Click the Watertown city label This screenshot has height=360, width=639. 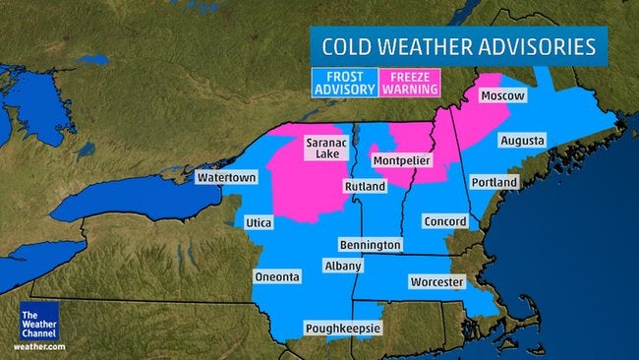pyautogui.click(x=226, y=178)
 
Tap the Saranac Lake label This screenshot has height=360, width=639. pyautogui.click(x=325, y=149)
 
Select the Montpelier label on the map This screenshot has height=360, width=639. pyautogui.click(x=402, y=160)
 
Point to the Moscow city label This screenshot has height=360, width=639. pyautogui.click(x=502, y=96)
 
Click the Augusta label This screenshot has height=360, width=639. pyautogui.click(x=521, y=141)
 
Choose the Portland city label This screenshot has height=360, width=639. pyautogui.click(x=494, y=183)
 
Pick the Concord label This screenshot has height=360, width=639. pyautogui.click(x=444, y=221)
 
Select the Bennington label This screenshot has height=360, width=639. pyautogui.click(x=370, y=244)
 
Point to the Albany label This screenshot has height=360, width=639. pyautogui.click(x=343, y=266)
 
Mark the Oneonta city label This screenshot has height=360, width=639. pyautogui.click(x=277, y=277)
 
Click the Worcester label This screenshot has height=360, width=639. pyautogui.click(x=436, y=282)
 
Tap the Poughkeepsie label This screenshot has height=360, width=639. pyautogui.click(x=343, y=328)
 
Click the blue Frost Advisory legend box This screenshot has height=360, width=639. pyautogui.click(x=344, y=83)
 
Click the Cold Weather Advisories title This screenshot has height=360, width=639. pyautogui.click(x=460, y=45)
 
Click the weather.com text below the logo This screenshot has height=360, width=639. pyautogui.click(x=38, y=346)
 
